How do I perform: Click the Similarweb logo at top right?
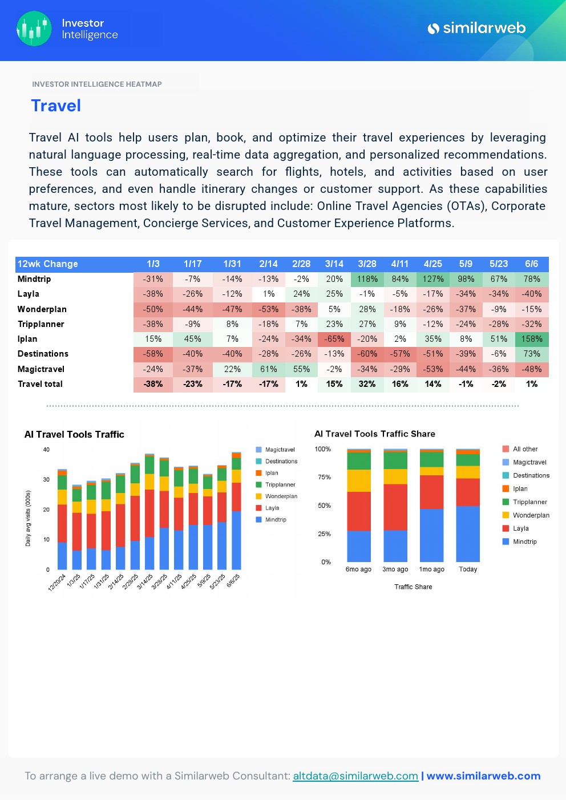(476, 28)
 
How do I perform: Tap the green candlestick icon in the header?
(34, 29)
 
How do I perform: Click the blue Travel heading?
(56, 106)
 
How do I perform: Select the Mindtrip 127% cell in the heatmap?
(433, 279)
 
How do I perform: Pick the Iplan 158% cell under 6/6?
(532, 339)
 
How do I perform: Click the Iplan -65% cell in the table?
(334, 339)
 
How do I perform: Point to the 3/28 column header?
(367, 264)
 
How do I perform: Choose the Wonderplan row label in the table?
(42, 309)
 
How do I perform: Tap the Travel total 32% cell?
(367, 384)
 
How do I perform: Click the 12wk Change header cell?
(48, 264)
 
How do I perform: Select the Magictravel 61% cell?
(268, 369)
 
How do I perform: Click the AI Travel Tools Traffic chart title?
(74, 434)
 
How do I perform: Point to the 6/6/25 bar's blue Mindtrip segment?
(236, 540)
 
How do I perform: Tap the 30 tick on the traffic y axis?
(46, 479)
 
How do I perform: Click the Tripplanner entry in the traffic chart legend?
(280, 484)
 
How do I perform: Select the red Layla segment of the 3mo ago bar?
(395, 507)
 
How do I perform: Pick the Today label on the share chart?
(468, 569)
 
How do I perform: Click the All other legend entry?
(524, 449)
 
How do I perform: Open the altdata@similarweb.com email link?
(355, 776)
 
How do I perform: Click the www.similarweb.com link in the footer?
(483, 776)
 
